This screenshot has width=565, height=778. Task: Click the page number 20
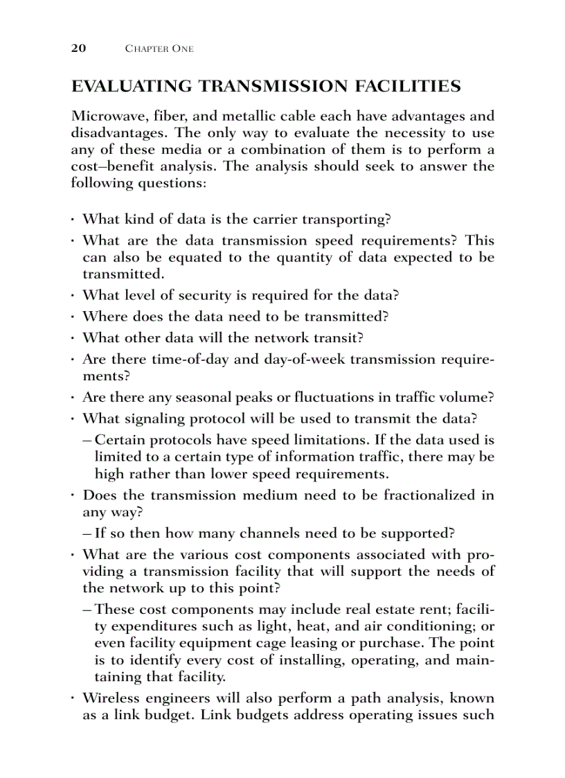[78, 48]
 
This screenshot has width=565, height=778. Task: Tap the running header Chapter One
[159, 49]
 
